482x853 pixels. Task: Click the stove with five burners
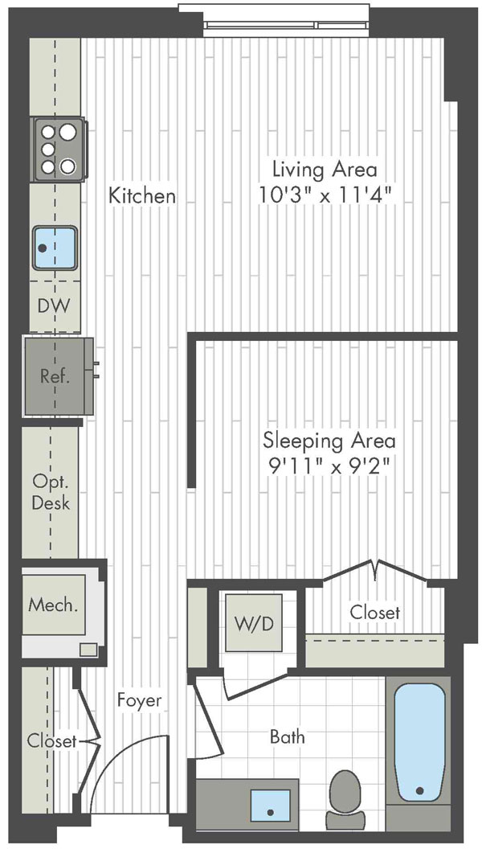(x=59, y=149)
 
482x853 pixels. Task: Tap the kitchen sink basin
(x=55, y=248)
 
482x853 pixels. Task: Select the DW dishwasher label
(x=54, y=306)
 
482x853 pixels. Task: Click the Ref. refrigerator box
(x=58, y=376)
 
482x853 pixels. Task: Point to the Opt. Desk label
(x=51, y=491)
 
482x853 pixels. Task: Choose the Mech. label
(x=53, y=604)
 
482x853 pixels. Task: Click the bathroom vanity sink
(x=270, y=805)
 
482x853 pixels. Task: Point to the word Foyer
(x=140, y=700)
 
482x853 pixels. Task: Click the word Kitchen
(x=142, y=195)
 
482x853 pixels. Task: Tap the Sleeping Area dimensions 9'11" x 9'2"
(x=329, y=467)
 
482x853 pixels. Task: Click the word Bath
(x=288, y=737)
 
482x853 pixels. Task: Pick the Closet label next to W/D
(x=375, y=613)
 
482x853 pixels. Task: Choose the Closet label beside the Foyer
(x=52, y=740)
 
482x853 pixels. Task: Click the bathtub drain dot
(x=419, y=790)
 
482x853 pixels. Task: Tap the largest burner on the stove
(x=67, y=132)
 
